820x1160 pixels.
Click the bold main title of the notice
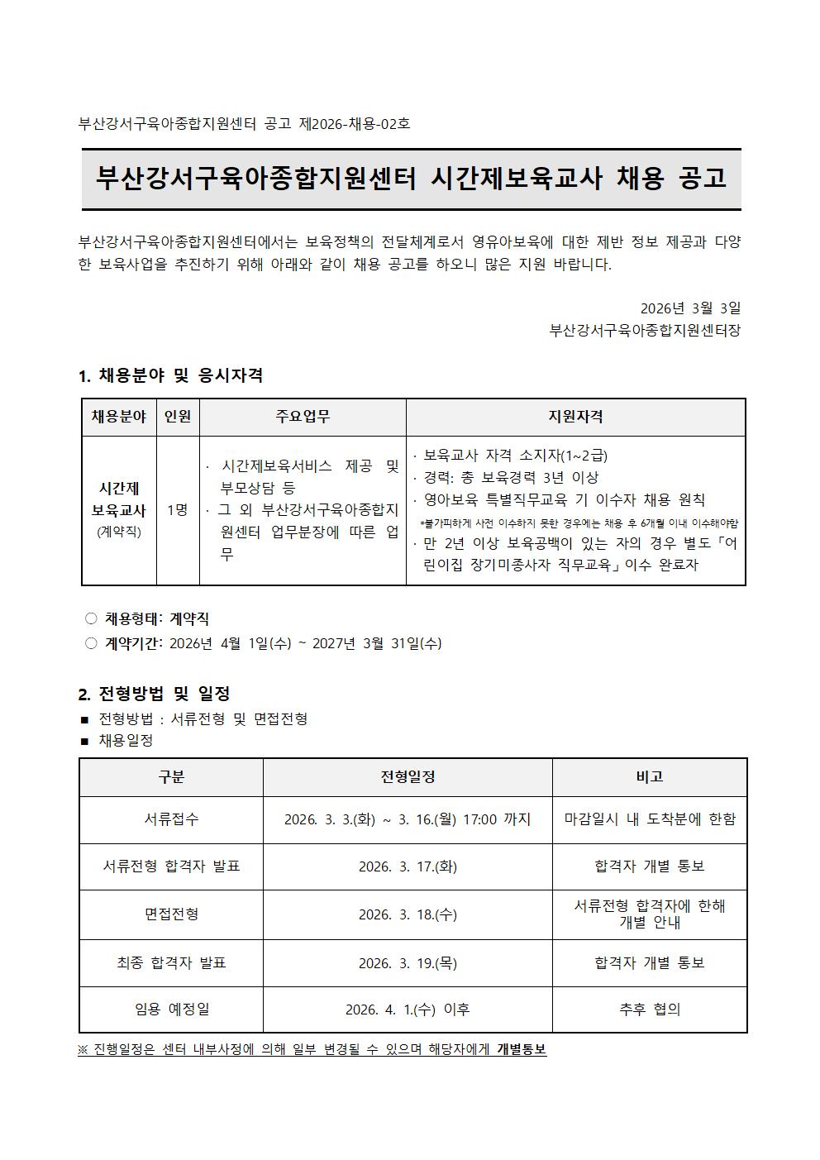[x=411, y=178]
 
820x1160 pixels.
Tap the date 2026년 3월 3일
[x=690, y=308]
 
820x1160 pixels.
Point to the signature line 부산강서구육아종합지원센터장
[x=645, y=331]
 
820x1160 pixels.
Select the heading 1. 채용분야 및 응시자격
[x=170, y=375]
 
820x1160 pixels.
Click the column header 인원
[x=178, y=417]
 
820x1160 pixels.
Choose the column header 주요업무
[x=303, y=417]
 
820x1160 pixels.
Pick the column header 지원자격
[x=575, y=417]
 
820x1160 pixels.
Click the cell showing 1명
[x=178, y=510]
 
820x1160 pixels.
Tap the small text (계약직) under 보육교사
[x=119, y=532]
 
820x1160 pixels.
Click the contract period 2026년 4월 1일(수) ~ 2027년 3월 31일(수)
[x=305, y=643]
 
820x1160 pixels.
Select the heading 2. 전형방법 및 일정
[x=154, y=694]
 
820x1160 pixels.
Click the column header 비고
[x=650, y=777]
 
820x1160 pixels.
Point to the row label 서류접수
[x=171, y=819]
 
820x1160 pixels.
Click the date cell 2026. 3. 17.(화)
[x=408, y=866]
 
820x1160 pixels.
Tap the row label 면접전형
[x=171, y=914]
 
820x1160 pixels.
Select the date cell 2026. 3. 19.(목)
[x=408, y=963]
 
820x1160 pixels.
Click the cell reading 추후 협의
[x=650, y=1010]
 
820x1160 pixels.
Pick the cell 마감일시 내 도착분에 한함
[x=650, y=819]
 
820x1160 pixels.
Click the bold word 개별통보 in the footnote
[x=522, y=1049]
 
